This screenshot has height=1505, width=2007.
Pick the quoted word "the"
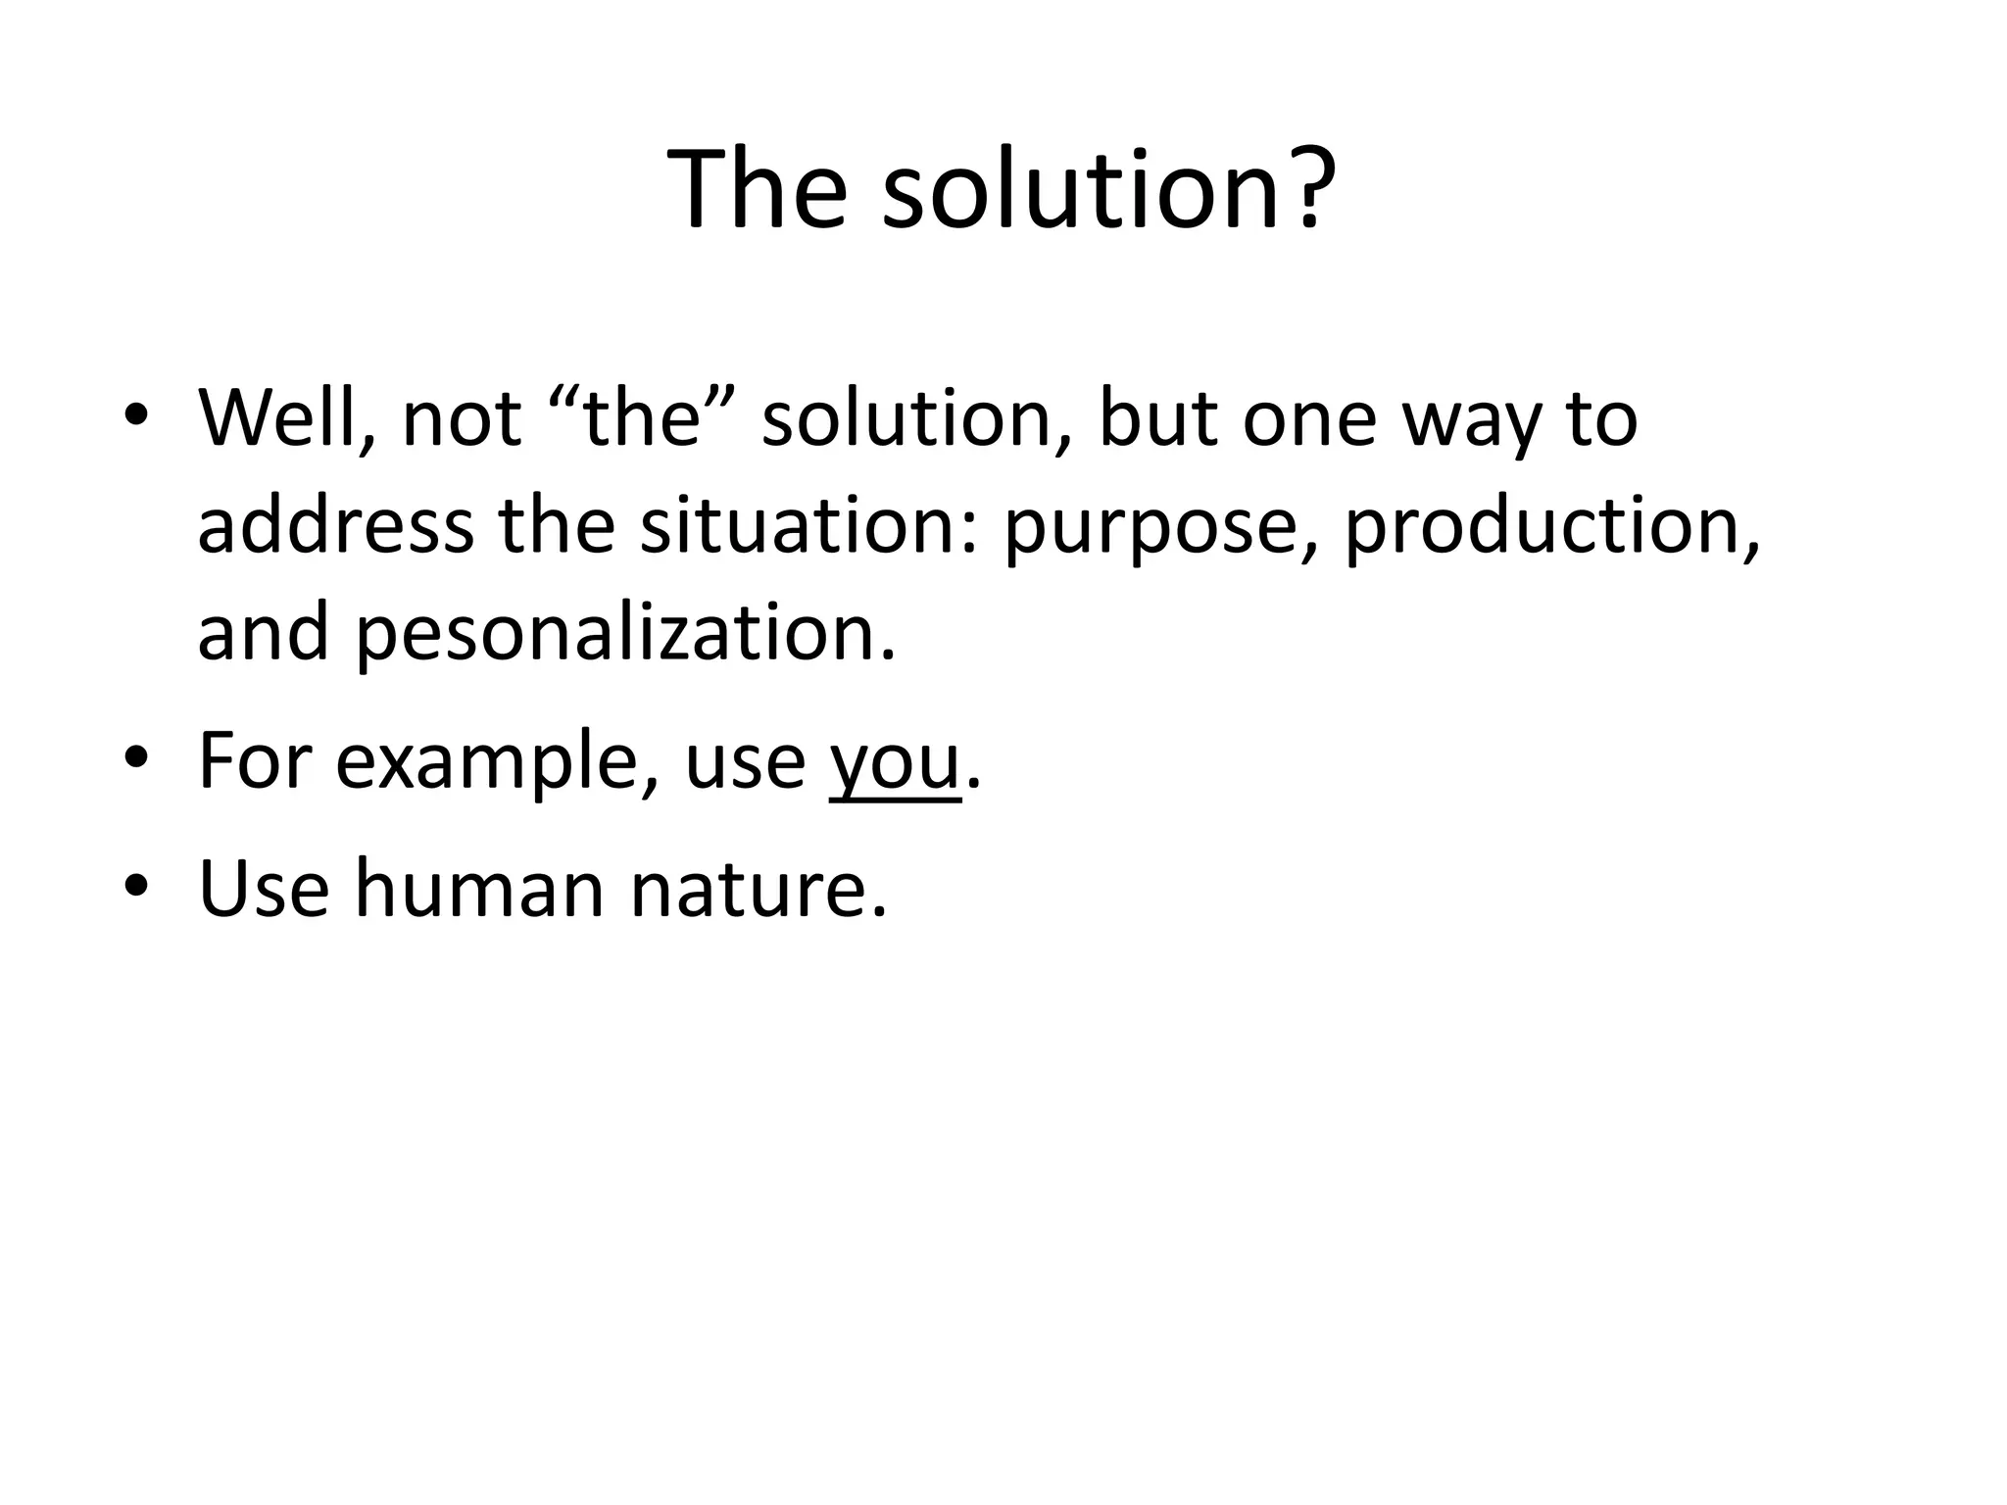pos(644,418)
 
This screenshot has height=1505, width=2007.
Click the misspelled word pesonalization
pos(623,634)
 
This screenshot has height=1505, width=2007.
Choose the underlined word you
pos(895,763)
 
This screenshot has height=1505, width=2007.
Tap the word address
pos(335,526)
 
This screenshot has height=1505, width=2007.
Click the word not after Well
pos(461,418)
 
